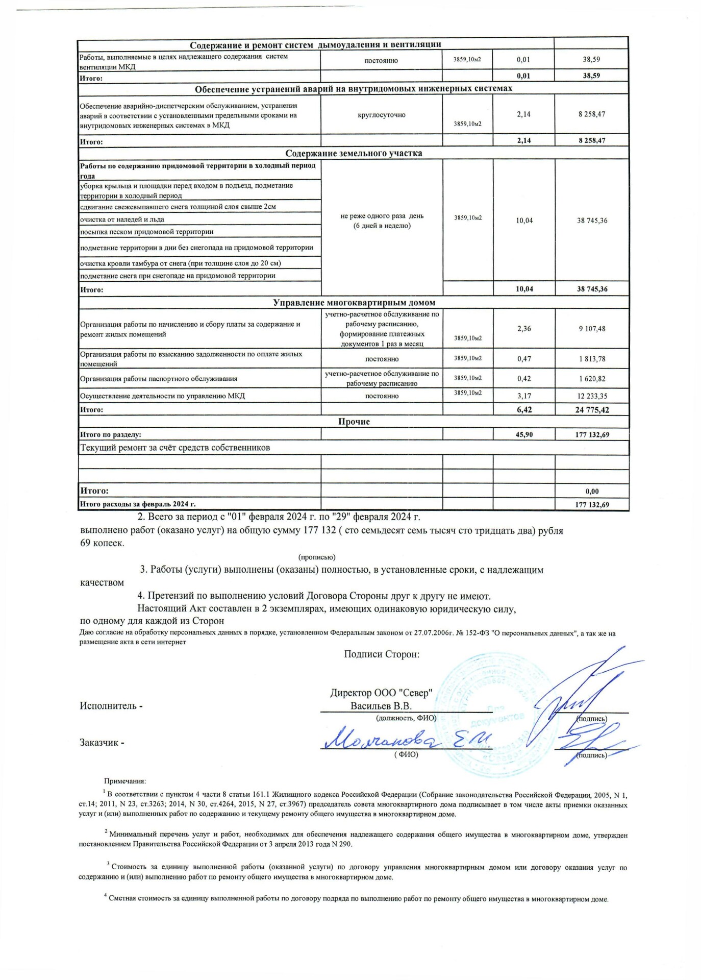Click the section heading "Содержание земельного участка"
[354, 153]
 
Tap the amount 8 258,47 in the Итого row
[591, 140]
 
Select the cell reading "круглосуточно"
[382, 115]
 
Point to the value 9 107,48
[592, 329]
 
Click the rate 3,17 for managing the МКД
[524, 396]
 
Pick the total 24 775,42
[592, 409]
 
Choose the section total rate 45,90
[524, 434]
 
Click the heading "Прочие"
[354, 422]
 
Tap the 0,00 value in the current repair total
[592, 491]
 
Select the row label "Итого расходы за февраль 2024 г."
[138, 504]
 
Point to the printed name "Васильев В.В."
[381, 706]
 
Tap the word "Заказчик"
[99, 743]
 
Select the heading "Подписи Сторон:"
[382, 654]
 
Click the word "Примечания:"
[125, 781]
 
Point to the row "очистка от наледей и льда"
[122, 219]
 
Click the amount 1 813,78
[592, 359]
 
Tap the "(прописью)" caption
[316, 557]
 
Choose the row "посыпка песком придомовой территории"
[147, 232]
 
